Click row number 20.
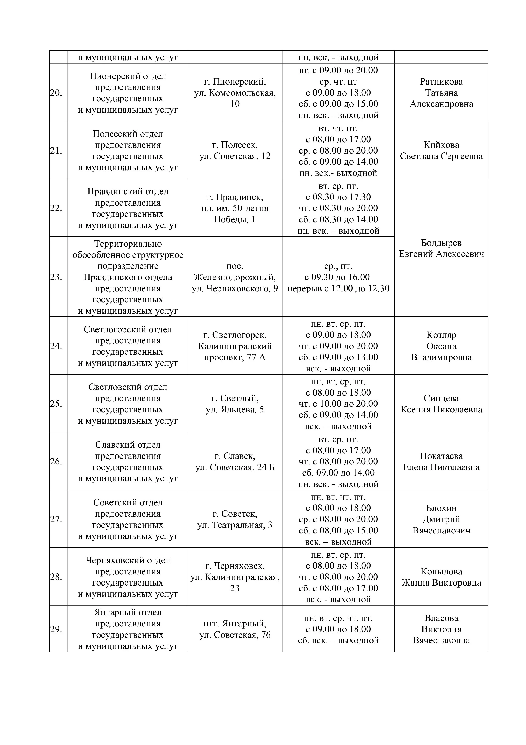[56, 93]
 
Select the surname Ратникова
[441, 82]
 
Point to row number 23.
[56, 277]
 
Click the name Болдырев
[441, 243]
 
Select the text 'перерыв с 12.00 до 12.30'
[338, 288]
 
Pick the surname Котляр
[441, 335]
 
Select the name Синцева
[441, 398]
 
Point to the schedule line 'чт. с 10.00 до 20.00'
[338, 404]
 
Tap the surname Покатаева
[441, 456]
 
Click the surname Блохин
[441, 508]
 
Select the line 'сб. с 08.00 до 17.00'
[338, 588]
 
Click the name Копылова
[441, 571]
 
